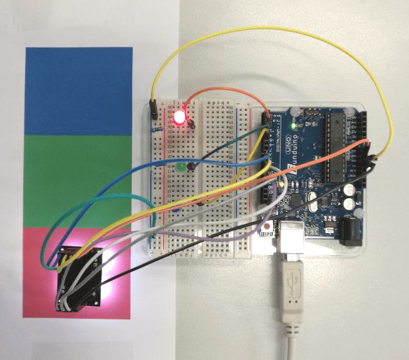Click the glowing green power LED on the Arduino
coord(294,125)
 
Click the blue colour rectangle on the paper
coord(78,91)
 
